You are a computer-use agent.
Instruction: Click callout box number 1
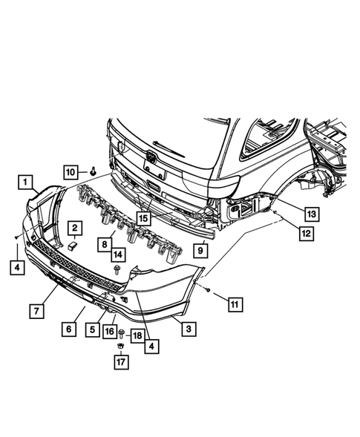tap(25, 183)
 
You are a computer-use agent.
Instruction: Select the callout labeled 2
tap(75, 228)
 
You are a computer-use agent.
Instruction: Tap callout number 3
tap(189, 329)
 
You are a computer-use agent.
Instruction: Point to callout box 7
tap(37, 311)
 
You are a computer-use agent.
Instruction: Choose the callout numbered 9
tap(200, 251)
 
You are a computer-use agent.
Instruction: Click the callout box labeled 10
tap(71, 172)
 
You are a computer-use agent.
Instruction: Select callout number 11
tap(235, 304)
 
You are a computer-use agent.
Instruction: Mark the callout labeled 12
tap(307, 234)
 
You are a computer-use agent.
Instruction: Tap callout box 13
tap(312, 214)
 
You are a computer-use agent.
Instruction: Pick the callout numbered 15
tap(143, 218)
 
